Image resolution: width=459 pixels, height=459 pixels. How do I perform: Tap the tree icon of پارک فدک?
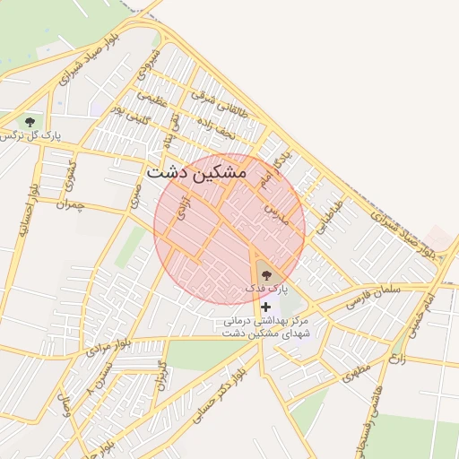[x=265, y=275]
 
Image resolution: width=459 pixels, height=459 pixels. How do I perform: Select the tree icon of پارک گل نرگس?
[x=30, y=121]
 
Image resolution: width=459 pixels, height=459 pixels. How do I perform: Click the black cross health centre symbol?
[x=265, y=307]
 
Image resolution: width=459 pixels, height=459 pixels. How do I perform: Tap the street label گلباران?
[x=162, y=374]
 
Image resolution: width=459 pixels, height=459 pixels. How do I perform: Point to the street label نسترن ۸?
[x=100, y=383]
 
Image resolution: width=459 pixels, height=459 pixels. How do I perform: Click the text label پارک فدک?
[x=265, y=290]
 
